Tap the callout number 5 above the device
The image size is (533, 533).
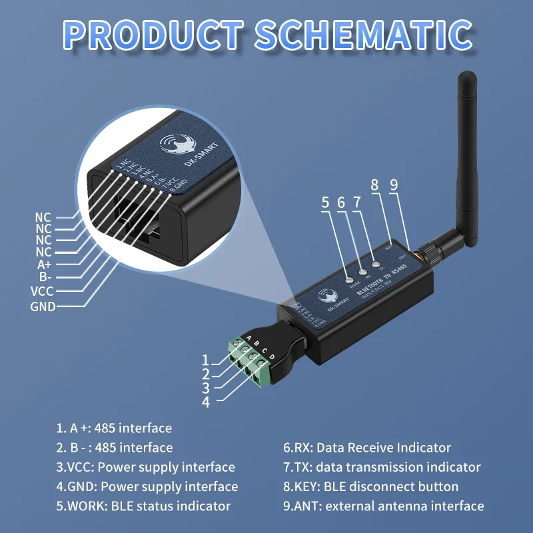pos(325,203)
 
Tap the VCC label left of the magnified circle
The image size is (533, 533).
pos(42,291)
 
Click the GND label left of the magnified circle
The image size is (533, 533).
pos(43,306)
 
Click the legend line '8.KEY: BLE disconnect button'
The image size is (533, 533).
pos(370,486)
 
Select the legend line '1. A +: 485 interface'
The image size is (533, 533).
pos(114,428)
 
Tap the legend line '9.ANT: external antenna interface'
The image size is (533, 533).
pos(383,506)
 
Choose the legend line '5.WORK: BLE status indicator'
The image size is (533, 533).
pos(143,506)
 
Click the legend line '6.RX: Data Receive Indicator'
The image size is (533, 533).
pos(367,448)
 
